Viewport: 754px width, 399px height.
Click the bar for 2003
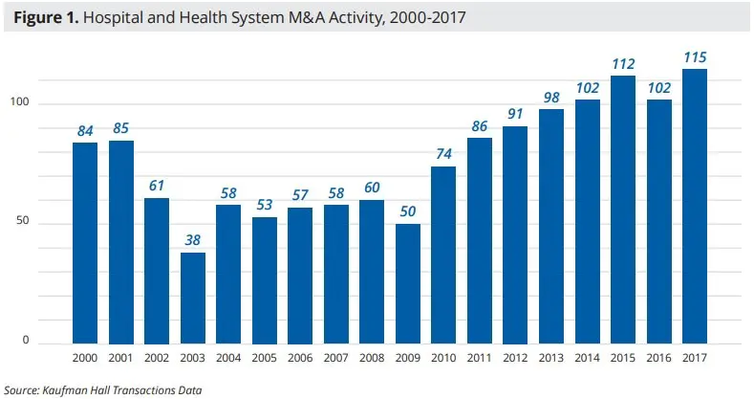pos(193,298)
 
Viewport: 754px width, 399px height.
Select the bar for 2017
pos(695,206)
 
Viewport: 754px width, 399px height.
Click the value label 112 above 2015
pos(623,64)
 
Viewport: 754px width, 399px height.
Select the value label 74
pos(444,155)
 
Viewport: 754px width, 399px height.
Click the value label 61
pos(158,187)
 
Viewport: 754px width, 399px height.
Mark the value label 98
pos(551,98)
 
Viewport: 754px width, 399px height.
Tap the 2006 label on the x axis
pos(300,357)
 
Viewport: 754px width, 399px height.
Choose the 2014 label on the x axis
pos(587,357)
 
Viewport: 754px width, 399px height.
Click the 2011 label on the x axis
pos(480,357)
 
